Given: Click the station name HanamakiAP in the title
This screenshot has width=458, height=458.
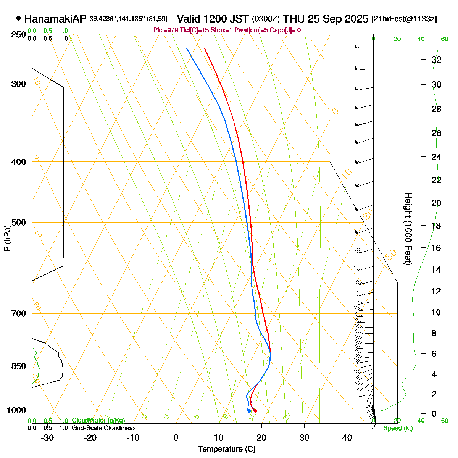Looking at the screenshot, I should (x=55, y=19).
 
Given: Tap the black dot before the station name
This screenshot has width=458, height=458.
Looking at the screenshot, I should (x=19, y=18).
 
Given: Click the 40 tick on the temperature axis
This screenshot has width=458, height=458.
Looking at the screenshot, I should (x=347, y=438).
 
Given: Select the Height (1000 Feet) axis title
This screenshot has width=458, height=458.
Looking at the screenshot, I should (x=408, y=229).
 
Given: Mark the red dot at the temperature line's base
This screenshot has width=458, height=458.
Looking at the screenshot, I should (x=255, y=410).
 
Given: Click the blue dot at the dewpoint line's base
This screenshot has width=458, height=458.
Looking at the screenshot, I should (x=249, y=410).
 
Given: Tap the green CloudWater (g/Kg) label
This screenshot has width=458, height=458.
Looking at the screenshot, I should (x=98, y=421).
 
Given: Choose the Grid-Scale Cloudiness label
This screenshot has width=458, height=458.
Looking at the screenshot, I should (x=103, y=428).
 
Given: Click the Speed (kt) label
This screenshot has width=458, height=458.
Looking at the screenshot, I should (x=398, y=428).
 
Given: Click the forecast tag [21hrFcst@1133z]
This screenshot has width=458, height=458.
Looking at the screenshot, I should (x=404, y=19).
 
